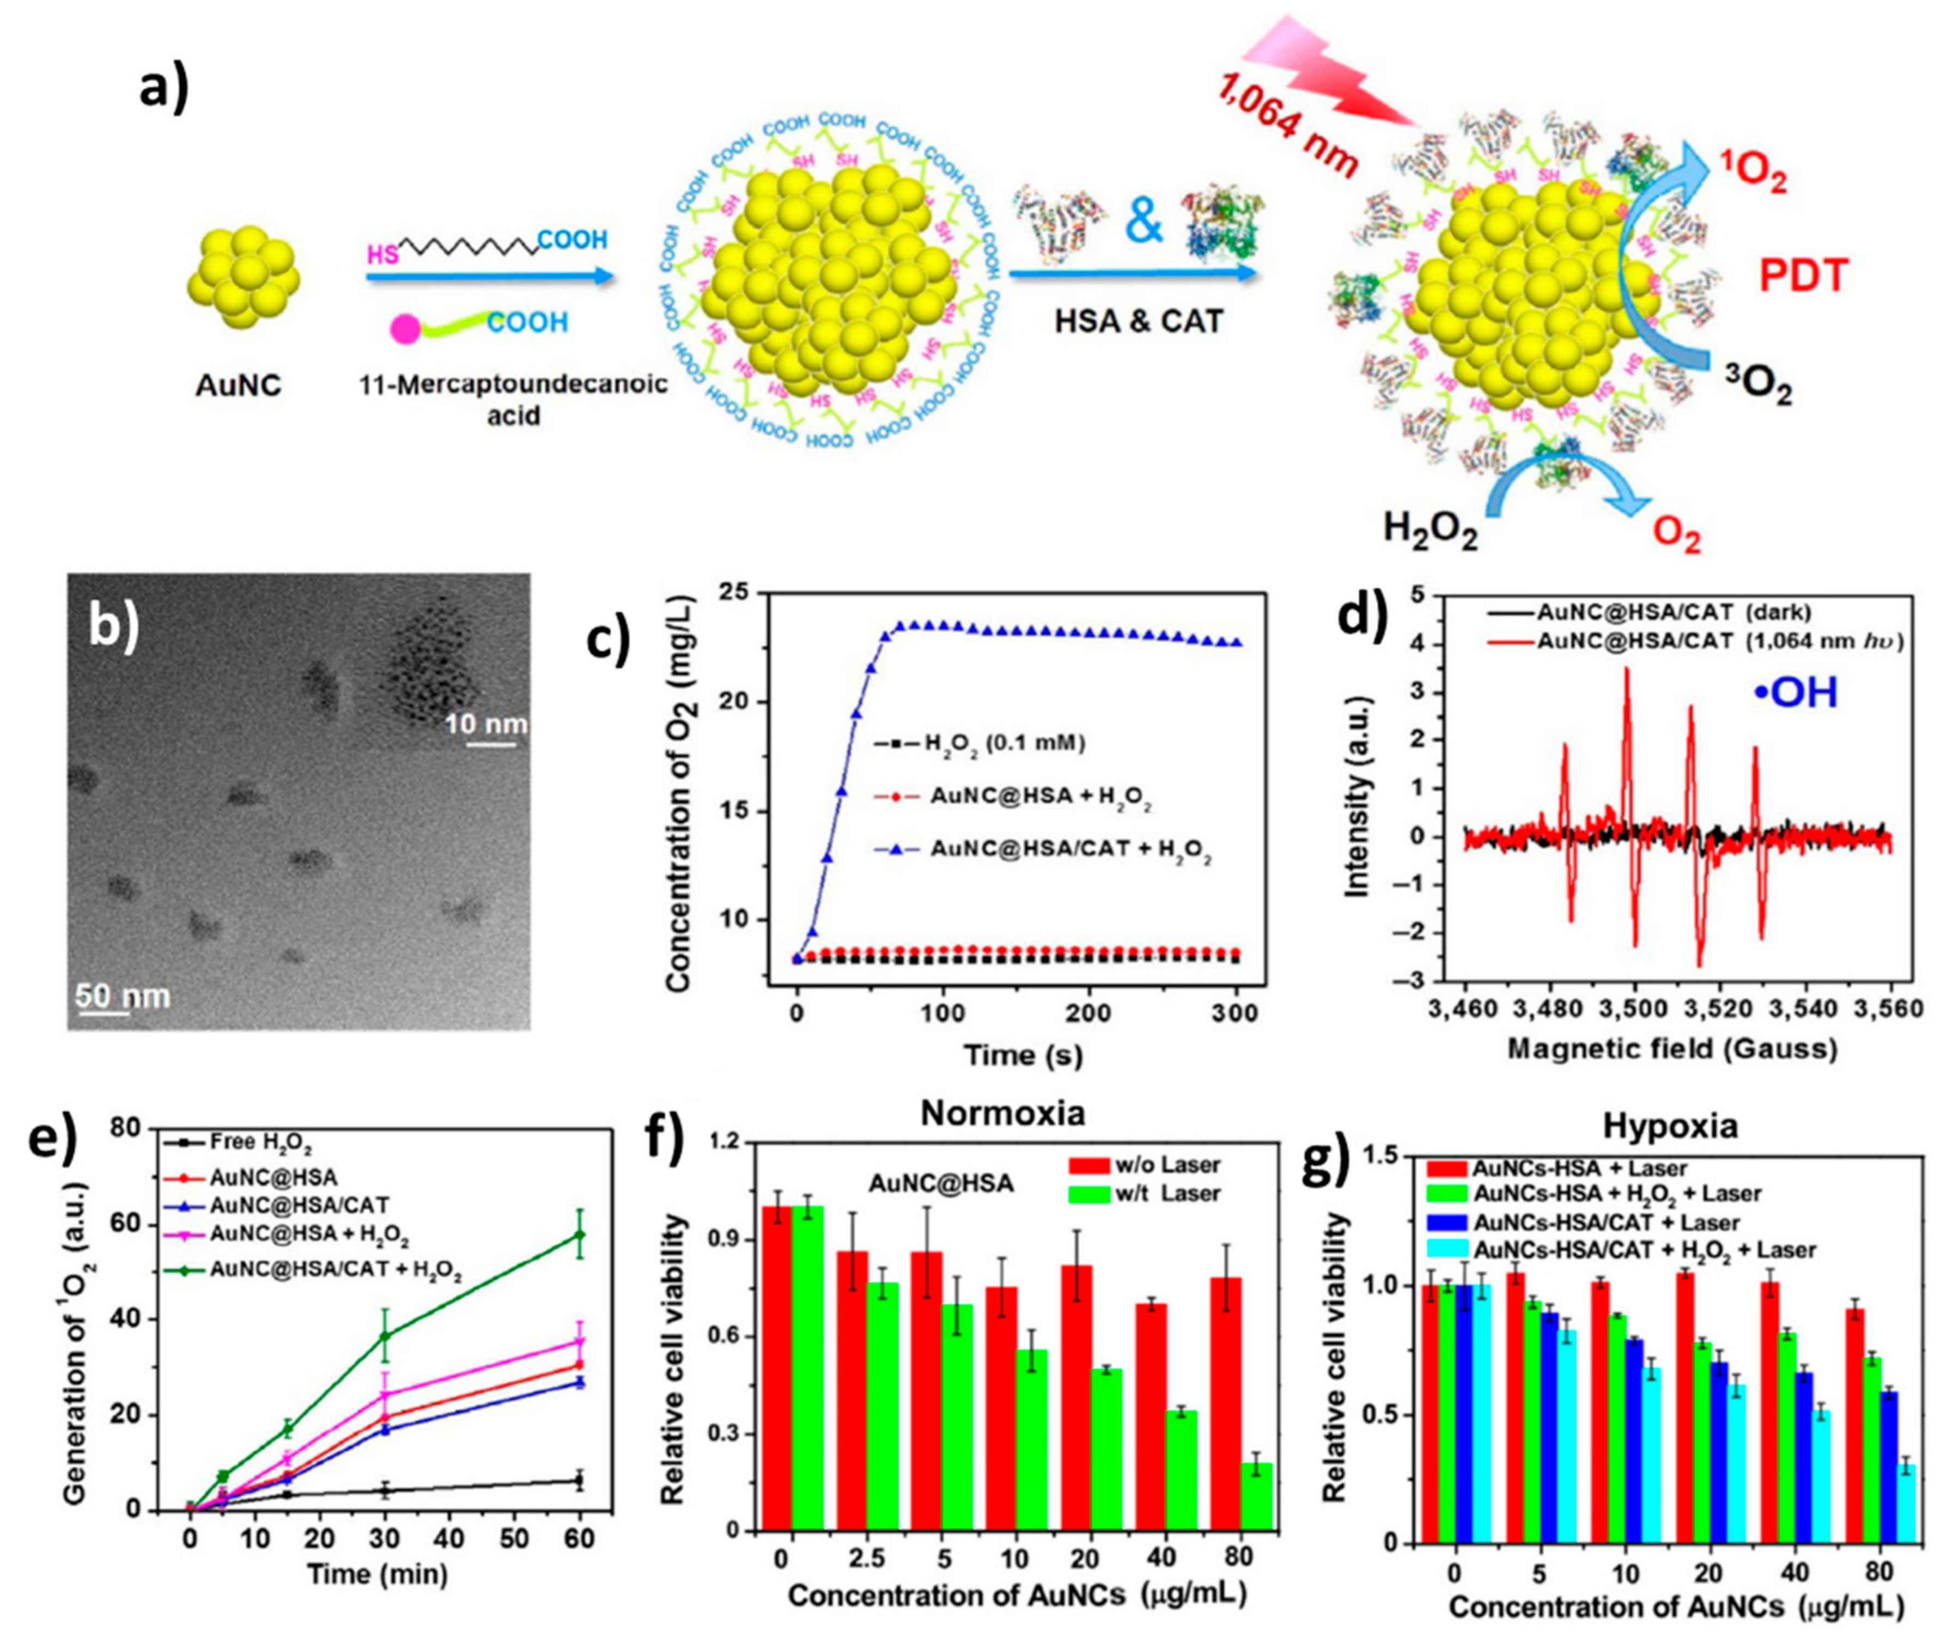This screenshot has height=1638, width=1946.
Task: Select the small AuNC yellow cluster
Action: click(244, 275)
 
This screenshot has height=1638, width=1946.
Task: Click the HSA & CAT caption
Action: click(1139, 321)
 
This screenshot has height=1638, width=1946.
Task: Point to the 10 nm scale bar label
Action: click(485, 724)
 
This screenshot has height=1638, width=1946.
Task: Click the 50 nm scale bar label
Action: click(123, 997)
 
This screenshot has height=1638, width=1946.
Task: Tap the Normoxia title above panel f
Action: click(1002, 1113)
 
